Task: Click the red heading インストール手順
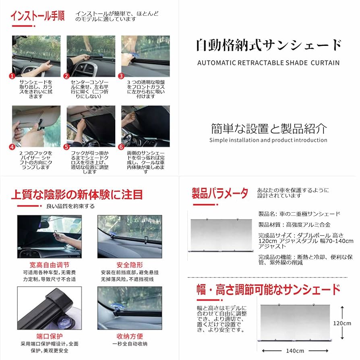37,17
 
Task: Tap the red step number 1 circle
12,76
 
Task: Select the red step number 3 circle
121,76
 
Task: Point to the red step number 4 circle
12,147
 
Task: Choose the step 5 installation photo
91,126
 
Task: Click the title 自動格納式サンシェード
269,45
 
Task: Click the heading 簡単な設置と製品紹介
269,128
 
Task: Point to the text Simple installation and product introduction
268,140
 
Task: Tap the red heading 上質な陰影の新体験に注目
77,194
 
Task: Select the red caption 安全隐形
130,265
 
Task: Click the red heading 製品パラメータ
220,193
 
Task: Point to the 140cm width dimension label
295,350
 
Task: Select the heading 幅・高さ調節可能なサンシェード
268,290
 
